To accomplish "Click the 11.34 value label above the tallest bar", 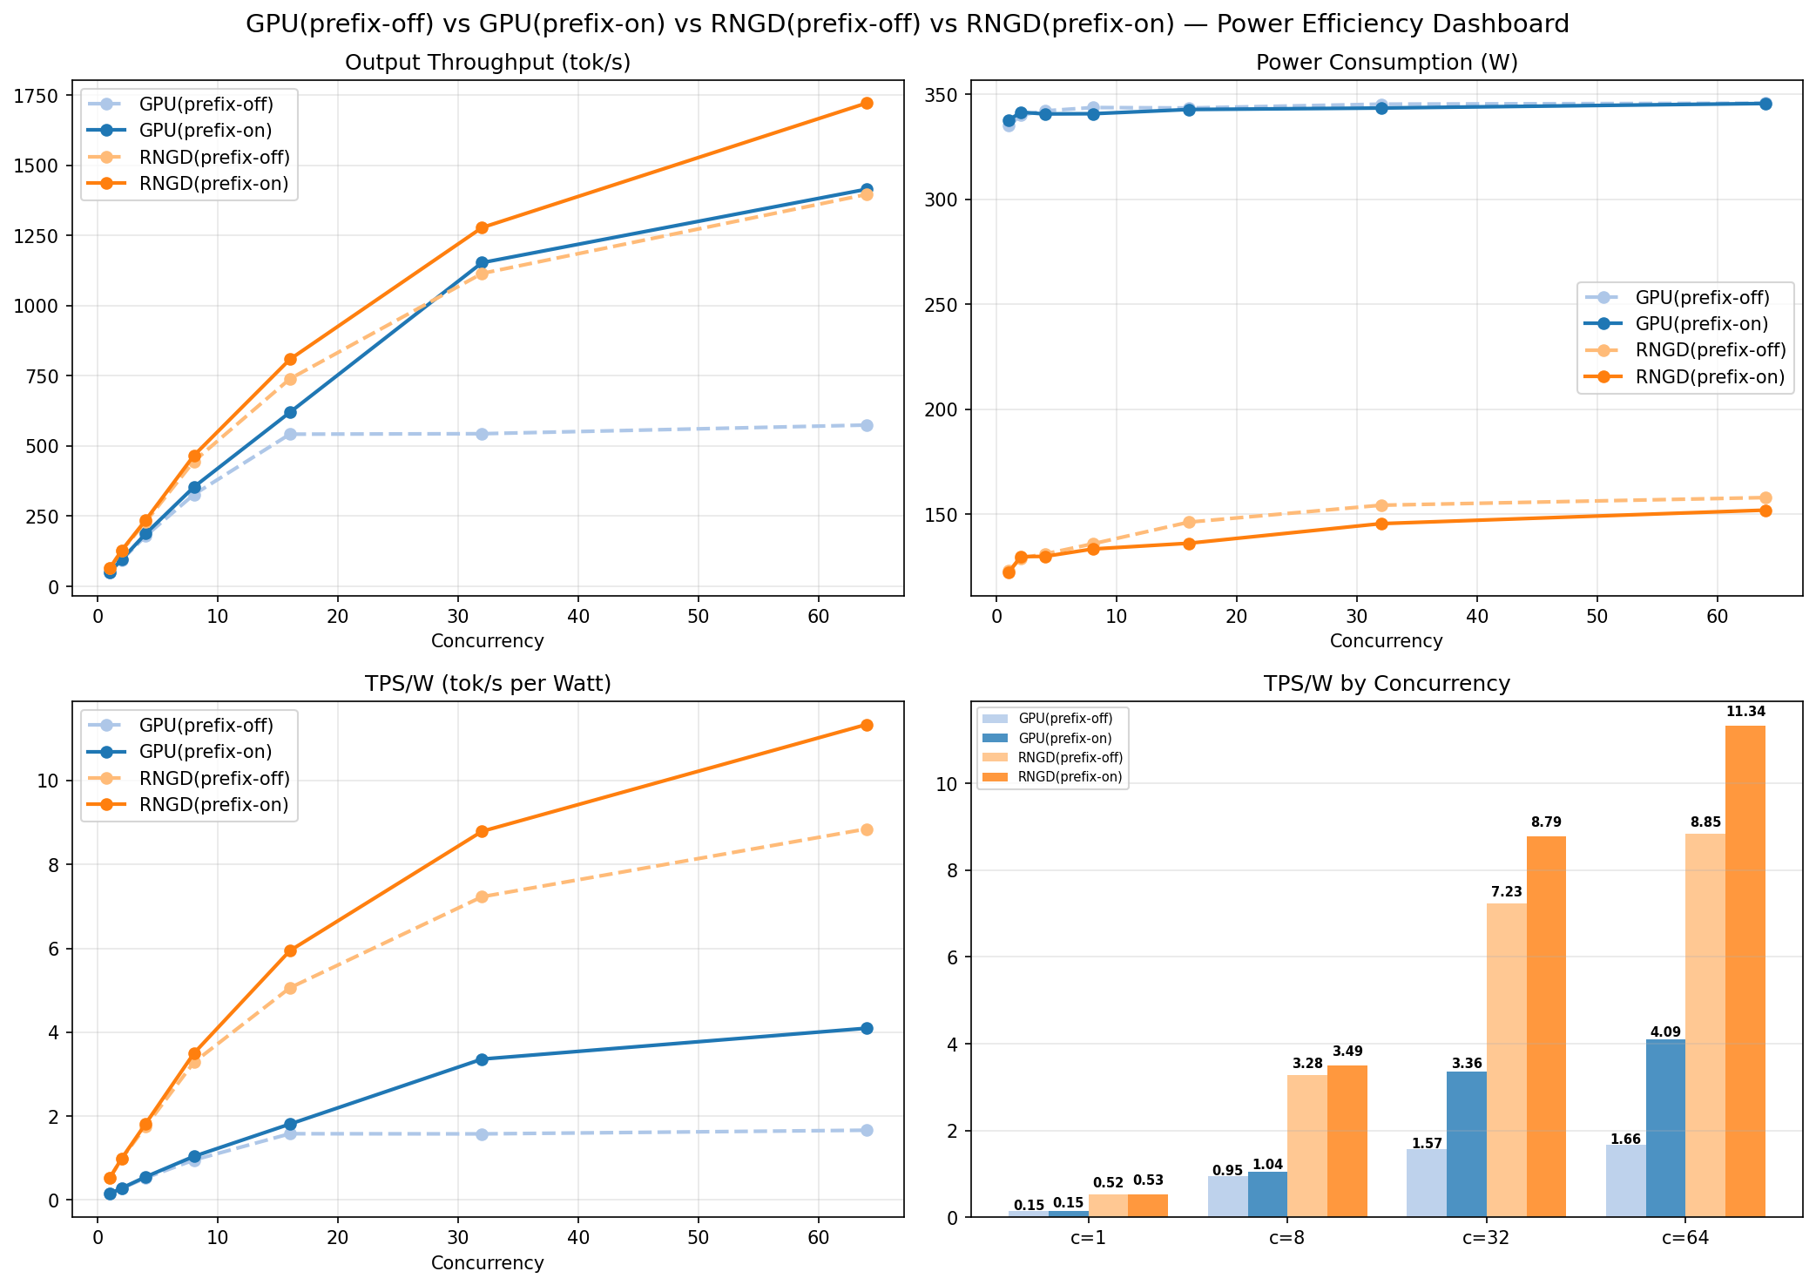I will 1745,712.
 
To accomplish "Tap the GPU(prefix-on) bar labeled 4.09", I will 1665,1128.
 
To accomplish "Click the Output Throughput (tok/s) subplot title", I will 488,63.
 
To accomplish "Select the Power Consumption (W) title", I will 1387,63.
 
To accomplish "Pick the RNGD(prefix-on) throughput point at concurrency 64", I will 867,103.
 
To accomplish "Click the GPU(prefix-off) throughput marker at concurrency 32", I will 482,434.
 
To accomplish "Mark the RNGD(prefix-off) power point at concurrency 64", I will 1765,497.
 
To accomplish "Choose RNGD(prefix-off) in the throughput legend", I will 213,158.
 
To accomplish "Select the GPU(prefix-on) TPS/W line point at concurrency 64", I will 867,1028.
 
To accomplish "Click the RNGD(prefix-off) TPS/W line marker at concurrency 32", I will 482,896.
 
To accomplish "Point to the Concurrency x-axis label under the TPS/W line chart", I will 488,1263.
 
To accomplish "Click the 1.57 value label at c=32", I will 1427,1143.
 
